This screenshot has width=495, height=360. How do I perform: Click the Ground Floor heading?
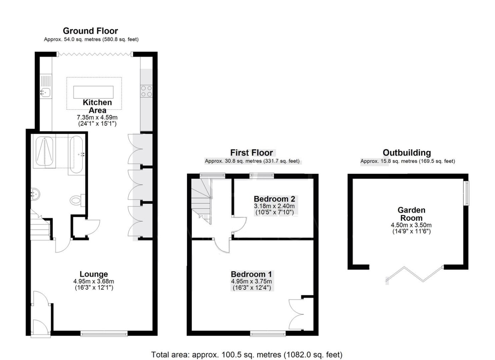[91, 31]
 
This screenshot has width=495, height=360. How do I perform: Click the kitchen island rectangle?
[93, 92]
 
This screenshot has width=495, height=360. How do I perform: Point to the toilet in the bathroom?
[77, 200]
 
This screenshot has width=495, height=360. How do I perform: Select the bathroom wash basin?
[35, 194]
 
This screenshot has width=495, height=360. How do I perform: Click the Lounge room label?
[94, 274]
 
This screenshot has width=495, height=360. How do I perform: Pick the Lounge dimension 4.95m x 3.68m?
[94, 281]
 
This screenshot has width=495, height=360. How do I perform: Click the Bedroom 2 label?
[274, 199]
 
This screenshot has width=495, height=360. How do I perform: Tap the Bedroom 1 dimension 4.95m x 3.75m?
[251, 281]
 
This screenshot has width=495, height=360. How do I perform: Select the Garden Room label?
[411, 214]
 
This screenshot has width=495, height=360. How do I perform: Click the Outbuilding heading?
[407, 153]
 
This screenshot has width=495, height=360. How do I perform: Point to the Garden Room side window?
[467, 193]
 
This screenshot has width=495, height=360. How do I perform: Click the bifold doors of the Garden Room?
[414, 274]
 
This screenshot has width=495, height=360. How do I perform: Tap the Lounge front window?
[104, 333]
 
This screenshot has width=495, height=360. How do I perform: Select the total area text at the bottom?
[247, 355]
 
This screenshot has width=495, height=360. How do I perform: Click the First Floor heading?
[251, 153]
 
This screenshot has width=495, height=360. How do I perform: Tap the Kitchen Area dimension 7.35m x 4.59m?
[97, 117]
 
